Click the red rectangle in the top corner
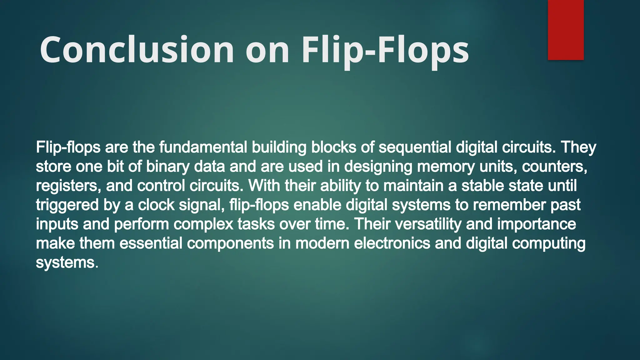coord(566,30)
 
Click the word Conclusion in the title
coord(137,50)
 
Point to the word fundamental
coord(203,147)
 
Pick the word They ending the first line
coord(578,147)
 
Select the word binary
coord(167,167)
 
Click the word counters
coord(554,167)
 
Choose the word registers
coord(68,186)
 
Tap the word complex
coord(203,224)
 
